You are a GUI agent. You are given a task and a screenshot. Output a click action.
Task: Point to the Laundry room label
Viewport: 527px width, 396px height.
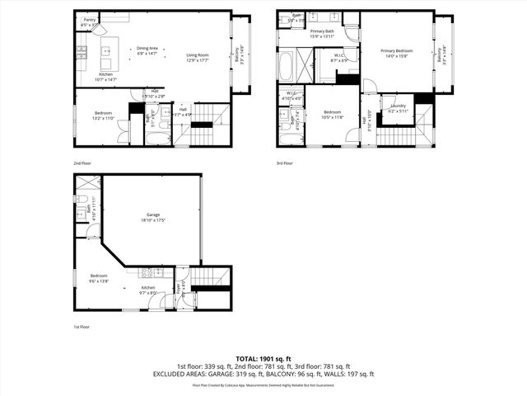399,106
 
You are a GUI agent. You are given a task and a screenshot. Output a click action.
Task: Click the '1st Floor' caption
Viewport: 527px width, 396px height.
82,327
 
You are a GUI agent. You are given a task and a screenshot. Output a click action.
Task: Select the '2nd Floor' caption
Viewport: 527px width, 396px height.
82,163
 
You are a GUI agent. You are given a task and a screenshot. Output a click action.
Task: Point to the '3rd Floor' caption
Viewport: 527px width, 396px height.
285,163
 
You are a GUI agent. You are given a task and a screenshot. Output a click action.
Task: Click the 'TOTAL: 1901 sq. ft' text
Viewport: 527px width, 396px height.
263,359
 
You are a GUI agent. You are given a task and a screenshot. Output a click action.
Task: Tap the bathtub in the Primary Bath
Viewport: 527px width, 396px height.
287,65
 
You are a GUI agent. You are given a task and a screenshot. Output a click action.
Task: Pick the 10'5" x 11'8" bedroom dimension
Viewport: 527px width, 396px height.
332,116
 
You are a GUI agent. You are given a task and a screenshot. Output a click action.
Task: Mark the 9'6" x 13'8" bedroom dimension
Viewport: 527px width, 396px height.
99,280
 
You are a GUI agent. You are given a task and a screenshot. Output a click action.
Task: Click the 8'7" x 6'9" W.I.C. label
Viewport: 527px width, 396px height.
339,60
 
